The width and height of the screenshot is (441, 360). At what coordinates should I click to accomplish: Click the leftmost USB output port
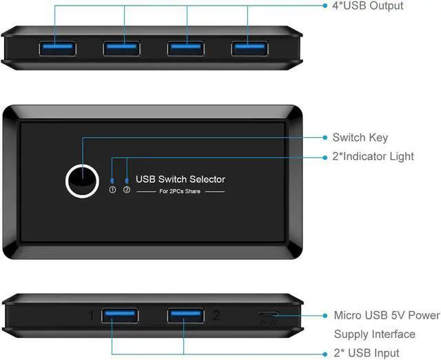tap(57, 48)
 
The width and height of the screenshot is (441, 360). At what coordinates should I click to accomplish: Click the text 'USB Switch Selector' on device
tap(181, 179)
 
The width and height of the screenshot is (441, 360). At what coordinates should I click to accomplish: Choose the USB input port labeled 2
tap(185, 316)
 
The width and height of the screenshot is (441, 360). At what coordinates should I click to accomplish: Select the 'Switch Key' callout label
tap(360, 137)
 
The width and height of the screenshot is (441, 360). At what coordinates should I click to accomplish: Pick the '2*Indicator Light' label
tap(373, 157)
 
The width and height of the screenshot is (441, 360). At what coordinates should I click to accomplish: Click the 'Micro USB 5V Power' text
tap(387, 315)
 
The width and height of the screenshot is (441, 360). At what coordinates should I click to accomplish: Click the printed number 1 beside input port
tap(90, 316)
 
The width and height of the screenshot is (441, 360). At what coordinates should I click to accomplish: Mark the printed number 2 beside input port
tap(216, 316)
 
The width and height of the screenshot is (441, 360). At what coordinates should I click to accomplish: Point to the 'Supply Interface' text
tap(375, 334)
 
